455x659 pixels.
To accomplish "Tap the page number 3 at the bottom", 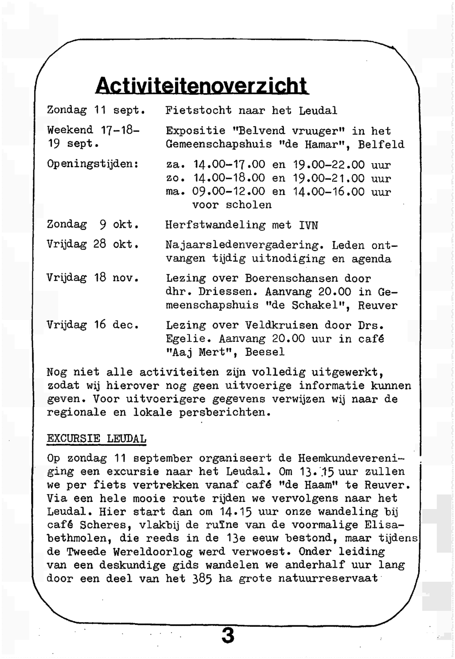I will point(227,635).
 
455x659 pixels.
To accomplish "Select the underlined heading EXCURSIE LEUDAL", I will point(96,439).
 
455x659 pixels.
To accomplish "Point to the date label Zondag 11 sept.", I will point(96,110).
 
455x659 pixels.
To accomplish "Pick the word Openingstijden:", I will point(93,164).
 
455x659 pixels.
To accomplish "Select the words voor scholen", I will point(232,205).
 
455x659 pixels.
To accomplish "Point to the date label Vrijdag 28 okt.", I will point(93,245).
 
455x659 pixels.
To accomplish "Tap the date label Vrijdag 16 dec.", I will point(93,325).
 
